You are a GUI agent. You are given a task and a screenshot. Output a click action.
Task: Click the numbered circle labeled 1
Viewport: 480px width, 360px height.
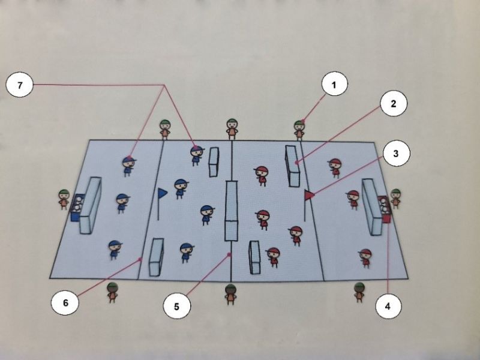(x=334, y=84)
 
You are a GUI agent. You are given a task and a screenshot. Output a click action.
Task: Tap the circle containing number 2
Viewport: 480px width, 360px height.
(x=394, y=103)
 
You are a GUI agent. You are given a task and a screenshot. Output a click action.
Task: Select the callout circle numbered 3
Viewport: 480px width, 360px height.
(x=395, y=153)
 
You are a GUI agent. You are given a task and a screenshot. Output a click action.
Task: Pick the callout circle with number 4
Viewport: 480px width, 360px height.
(x=388, y=306)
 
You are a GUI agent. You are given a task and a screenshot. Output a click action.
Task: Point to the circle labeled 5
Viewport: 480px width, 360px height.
(x=176, y=306)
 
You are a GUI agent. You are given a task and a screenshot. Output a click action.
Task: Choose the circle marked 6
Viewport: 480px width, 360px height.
(x=65, y=302)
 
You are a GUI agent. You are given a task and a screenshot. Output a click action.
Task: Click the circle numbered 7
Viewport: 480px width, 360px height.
(x=20, y=85)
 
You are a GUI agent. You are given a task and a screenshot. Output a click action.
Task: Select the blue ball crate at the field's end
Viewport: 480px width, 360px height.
(x=76, y=208)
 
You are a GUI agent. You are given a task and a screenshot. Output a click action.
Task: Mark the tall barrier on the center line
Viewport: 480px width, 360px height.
(x=231, y=211)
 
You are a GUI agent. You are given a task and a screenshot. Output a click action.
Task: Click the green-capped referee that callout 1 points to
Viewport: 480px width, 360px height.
(x=299, y=130)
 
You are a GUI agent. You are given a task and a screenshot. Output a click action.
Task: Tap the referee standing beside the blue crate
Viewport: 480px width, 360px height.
(x=64, y=199)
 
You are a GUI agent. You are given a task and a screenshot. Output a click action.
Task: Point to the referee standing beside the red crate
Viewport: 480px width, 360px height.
(x=395, y=199)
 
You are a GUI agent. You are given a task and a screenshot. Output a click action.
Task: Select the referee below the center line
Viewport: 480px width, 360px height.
(x=230, y=294)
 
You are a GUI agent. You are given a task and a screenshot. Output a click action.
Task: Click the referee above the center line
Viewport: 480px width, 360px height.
(x=232, y=129)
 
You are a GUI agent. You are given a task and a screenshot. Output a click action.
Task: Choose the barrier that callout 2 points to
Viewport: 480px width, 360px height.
(x=293, y=166)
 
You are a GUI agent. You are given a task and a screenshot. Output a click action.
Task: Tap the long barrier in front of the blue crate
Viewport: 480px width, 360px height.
(x=91, y=205)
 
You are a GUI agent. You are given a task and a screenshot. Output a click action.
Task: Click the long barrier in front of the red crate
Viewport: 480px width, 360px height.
(x=372, y=206)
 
